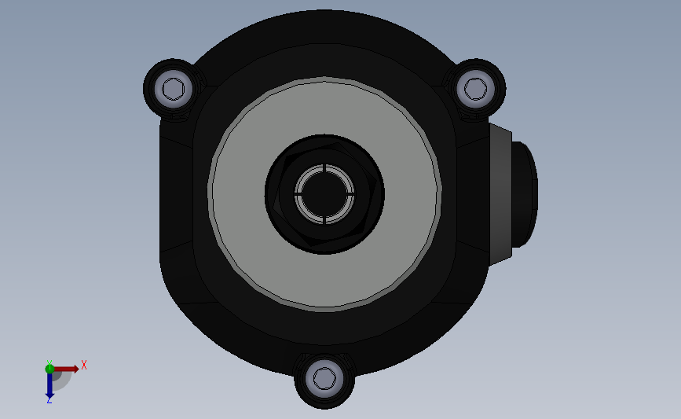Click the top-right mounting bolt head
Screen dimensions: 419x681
(x=475, y=88)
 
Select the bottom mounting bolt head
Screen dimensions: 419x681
(x=324, y=379)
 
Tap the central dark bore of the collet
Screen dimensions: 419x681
(x=324, y=193)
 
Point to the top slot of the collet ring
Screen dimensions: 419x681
(x=324, y=167)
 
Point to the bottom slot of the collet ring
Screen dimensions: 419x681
(x=324, y=219)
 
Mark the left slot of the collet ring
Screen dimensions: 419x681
(x=298, y=193)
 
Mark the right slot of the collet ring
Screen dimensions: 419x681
(x=350, y=193)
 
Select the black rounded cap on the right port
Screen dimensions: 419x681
(x=525, y=193)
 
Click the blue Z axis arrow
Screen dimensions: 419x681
(x=49, y=384)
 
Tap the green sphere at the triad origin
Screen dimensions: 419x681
(x=49, y=368)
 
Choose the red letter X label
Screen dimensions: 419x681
(x=83, y=365)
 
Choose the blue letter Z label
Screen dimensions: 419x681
(x=49, y=400)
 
